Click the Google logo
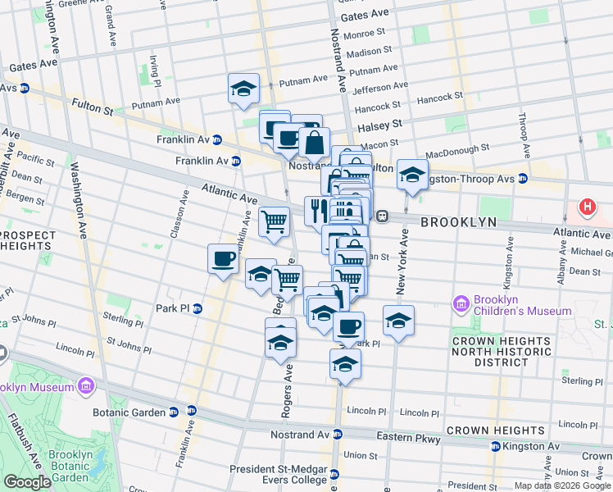coord(27,482)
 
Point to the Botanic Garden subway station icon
coord(192,412)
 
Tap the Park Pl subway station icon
coord(198,308)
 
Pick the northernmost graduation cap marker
coord(243,89)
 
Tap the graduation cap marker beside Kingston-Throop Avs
coord(412,175)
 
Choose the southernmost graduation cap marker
coord(346,363)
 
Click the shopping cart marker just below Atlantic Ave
coord(274,221)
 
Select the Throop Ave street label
coord(522,140)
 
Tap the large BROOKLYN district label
coord(458,222)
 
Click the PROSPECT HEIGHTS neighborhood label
coord(29,241)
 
